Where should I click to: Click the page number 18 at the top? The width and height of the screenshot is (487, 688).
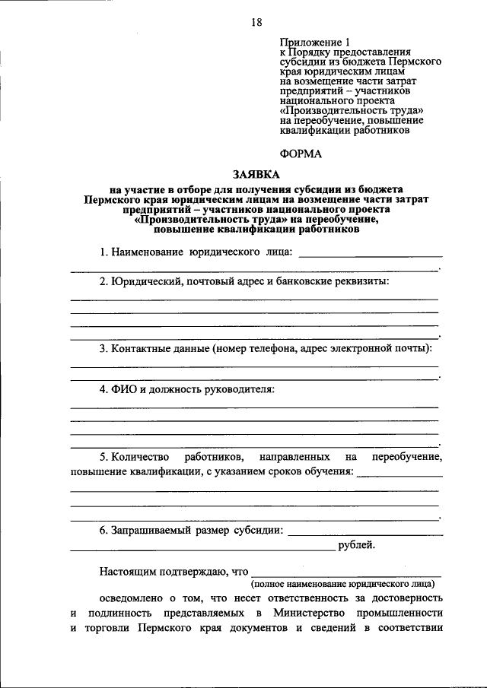[257, 23]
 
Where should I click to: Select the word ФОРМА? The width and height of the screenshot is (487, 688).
[301, 154]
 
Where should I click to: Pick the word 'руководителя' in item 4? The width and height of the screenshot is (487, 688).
[237, 389]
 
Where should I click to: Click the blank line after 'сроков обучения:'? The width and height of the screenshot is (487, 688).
[399, 474]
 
